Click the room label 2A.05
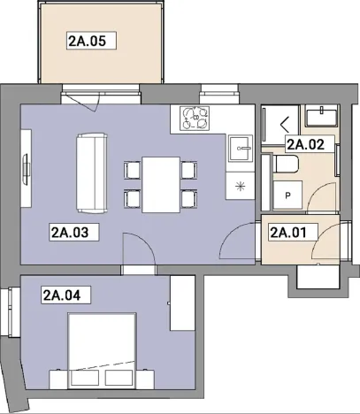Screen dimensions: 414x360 [x=92, y=40]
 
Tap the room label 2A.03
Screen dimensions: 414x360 [x=73, y=234]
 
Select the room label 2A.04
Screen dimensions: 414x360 [x=61, y=295]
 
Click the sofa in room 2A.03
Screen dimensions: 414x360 [x=91, y=172]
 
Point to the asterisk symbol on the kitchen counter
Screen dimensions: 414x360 [x=239, y=184]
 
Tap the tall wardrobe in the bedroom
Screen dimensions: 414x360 [x=182, y=303]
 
